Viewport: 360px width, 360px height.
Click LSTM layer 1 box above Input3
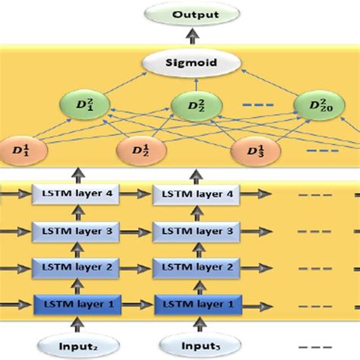(x=194, y=304)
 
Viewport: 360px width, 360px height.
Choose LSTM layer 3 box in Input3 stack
(x=194, y=231)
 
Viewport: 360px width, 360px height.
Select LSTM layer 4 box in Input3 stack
(x=194, y=194)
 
